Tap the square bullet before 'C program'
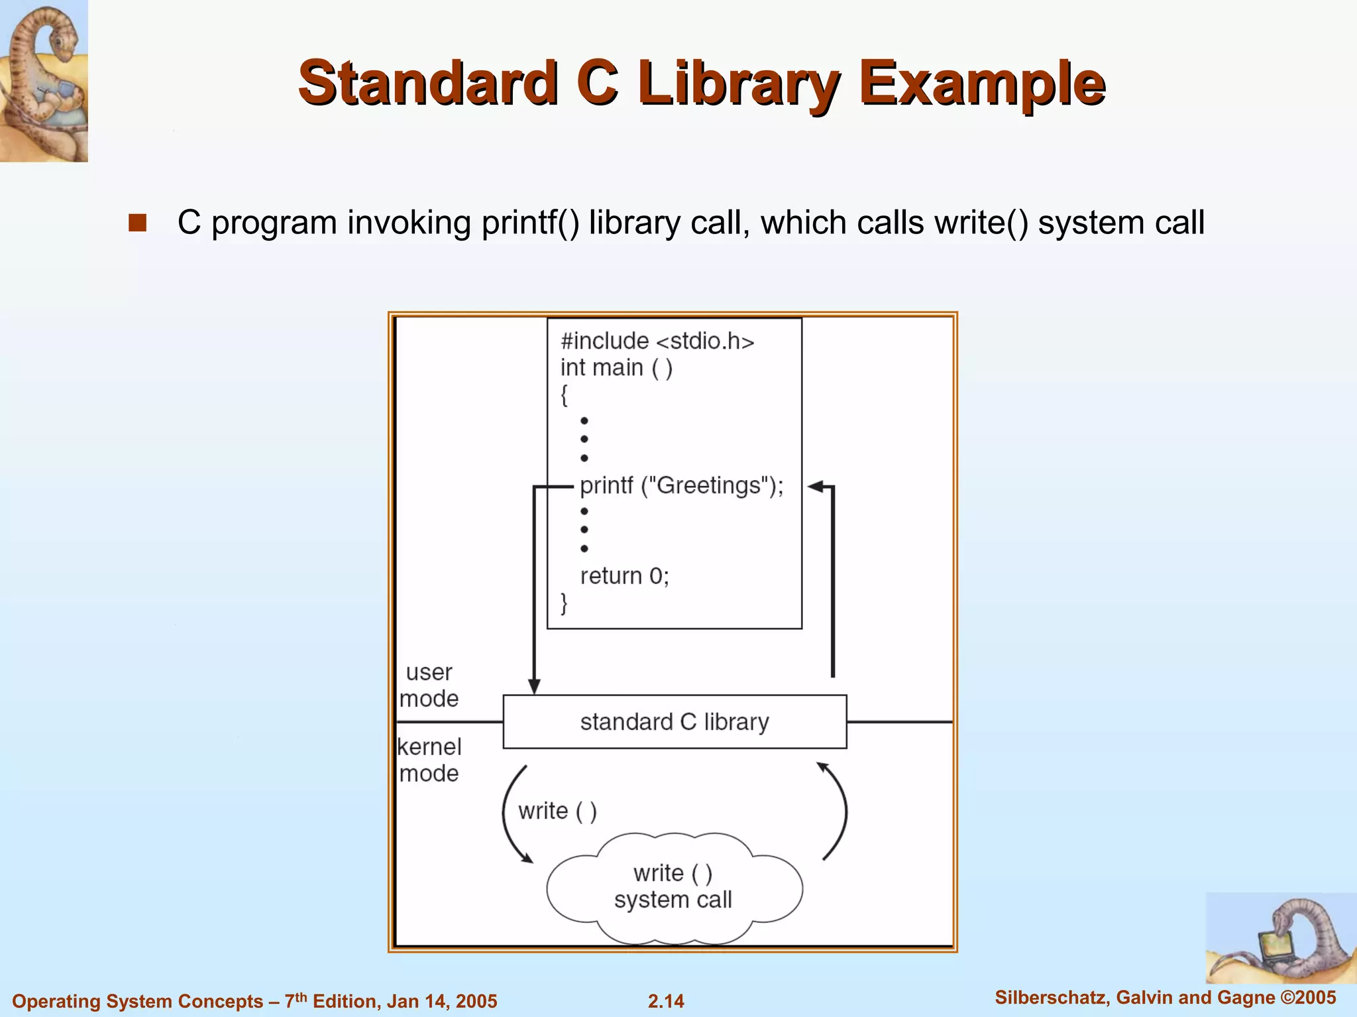137,223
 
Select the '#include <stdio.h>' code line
657,341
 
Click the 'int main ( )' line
616,367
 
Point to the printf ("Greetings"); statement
681,485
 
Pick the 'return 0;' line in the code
624,575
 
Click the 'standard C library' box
675,721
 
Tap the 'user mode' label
429,685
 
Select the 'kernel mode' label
429,760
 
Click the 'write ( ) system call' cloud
673,886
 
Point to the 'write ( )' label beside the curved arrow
557,811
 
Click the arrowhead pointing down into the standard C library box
534,687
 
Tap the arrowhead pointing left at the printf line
816,487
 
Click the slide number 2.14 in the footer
666,1000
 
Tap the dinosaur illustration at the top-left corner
44,81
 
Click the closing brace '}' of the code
564,603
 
